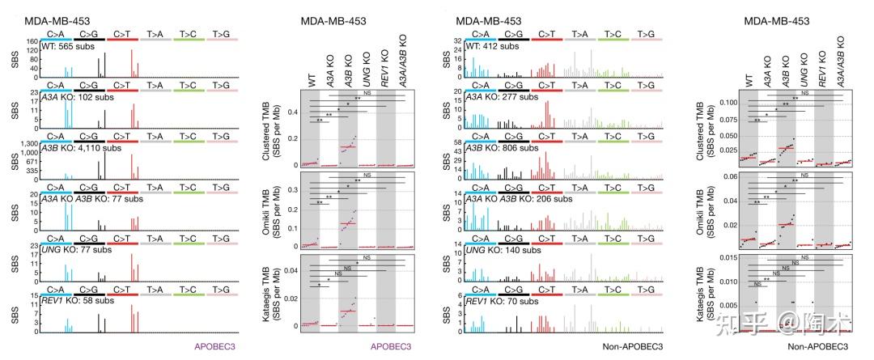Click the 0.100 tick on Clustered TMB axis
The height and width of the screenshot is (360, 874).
[x=702, y=103]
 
